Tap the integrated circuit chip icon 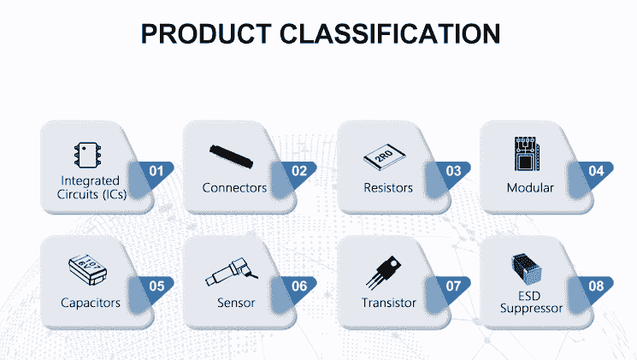point(86,155)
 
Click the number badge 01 point(156,171)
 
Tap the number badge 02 point(299,171)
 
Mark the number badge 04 point(596,171)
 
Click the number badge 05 point(156,286)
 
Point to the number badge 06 point(299,286)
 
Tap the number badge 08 point(596,286)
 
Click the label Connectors point(234,188)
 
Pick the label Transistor point(389,303)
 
